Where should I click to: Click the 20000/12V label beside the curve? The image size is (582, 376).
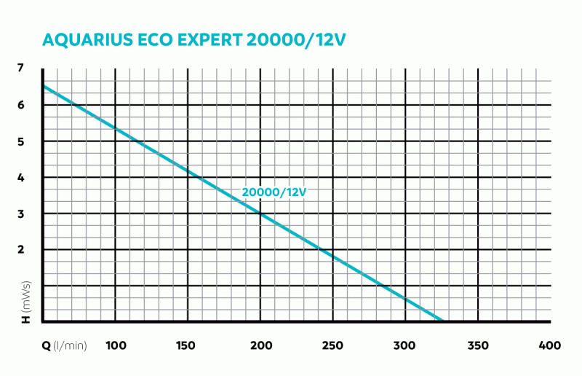pos(274,192)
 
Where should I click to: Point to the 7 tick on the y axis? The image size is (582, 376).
pos(20,68)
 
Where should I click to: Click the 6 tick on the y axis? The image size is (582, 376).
pos(20,105)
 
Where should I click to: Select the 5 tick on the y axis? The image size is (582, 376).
pos(20,141)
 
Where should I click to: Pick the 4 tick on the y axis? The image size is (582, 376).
pos(20,177)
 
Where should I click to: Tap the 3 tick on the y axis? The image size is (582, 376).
pos(20,214)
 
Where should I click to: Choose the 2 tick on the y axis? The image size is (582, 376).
pos(20,249)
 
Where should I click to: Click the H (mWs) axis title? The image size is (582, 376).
pos(25,301)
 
